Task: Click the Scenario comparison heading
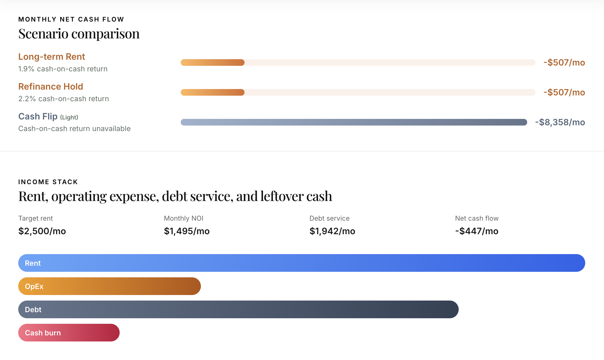(79, 34)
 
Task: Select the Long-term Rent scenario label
(51, 57)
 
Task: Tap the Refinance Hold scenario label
(51, 87)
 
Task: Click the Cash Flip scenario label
(38, 116)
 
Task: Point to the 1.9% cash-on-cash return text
(63, 69)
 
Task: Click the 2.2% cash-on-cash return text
(64, 99)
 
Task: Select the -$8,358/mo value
(560, 122)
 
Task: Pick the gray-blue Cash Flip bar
(354, 122)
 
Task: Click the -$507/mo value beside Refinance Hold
(564, 92)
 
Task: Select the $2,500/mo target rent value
(42, 231)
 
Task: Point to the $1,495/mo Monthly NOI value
(187, 231)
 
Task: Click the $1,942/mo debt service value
(332, 231)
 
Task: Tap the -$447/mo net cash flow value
(477, 231)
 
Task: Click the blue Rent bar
(301, 263)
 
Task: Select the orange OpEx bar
(109, 286)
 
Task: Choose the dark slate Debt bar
(238, 309)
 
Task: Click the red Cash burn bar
(69, 333)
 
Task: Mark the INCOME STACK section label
(48, 182)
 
